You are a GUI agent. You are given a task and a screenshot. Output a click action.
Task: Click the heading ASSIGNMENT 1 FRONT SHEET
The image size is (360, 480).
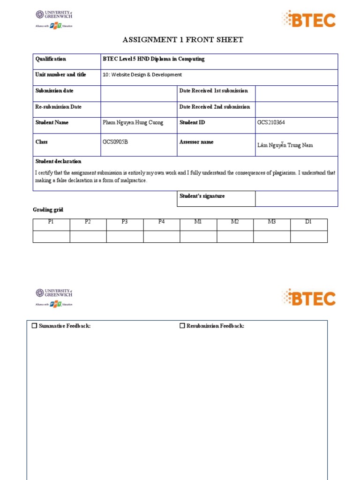pos(183,40)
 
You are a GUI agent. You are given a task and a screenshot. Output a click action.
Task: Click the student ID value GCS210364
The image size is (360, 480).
pos(271,123)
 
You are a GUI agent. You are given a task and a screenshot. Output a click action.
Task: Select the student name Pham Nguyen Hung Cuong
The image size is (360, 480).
pos(133,123)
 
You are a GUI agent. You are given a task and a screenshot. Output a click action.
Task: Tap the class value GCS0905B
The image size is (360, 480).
pos(115,142)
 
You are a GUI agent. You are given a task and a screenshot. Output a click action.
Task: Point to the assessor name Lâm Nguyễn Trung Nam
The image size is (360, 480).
pos(285,145)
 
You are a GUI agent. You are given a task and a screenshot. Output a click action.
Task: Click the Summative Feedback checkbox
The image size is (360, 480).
pos(34,326)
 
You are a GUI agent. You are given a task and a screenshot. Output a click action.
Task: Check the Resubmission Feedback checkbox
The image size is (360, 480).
pos(182,326)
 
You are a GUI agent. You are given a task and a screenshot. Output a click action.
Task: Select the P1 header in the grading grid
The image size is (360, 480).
pos(51,222)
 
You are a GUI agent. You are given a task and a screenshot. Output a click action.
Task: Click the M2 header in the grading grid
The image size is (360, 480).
pos(235,222)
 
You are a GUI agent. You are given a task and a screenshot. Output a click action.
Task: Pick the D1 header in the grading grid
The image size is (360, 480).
pos(308,222)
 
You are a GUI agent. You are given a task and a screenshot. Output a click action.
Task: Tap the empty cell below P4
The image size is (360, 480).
pos(161,236)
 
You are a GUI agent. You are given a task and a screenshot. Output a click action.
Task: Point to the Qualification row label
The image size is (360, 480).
pos(51,59)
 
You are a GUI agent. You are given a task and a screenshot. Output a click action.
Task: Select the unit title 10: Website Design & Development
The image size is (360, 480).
pos(142,75)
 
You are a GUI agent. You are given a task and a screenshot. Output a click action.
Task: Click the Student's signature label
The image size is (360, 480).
pos(202,196)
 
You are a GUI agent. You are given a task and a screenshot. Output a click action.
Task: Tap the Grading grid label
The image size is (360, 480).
pos(48,210)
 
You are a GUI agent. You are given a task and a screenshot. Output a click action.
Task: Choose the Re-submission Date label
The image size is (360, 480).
pos(58,107)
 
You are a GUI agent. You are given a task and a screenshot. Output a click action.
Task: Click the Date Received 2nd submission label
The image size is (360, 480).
pos(215,107)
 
